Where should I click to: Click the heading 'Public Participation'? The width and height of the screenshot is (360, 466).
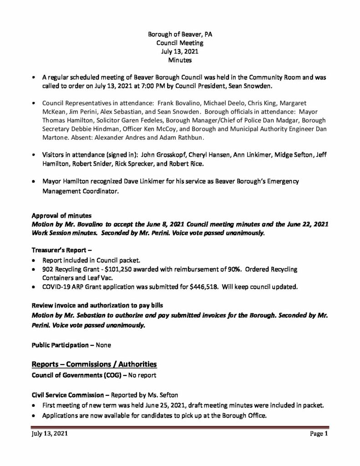click(60, 345)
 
